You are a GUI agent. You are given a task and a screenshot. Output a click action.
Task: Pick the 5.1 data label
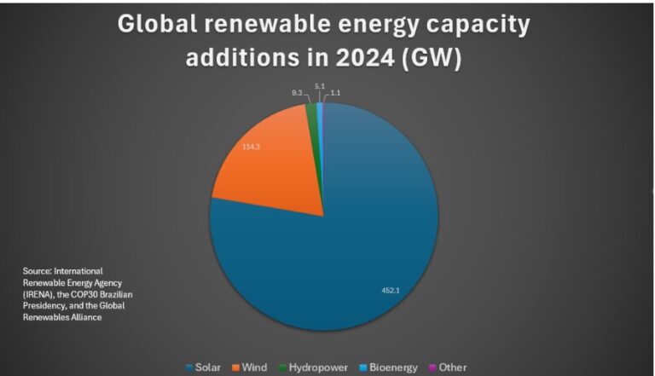pyautogui.click(x=319, y=85)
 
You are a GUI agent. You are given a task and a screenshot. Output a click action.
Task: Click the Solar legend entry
pyautogui.click(x=203, y=367)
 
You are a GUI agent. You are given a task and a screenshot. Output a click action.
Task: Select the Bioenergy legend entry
pyautogui.click(x=387, y=367)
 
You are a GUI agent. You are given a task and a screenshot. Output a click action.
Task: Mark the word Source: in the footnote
pyautogui.click(x=37, y=270)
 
